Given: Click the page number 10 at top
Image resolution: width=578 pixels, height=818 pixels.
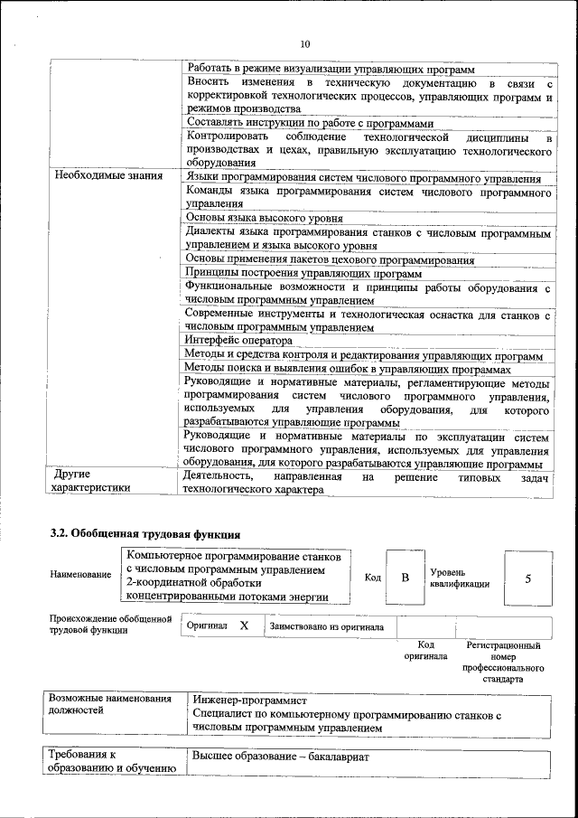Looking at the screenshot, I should pos(304,42).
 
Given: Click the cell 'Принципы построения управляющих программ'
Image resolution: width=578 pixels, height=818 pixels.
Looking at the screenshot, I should pos(303,273).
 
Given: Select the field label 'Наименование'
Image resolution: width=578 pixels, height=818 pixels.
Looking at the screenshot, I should pos(81,575).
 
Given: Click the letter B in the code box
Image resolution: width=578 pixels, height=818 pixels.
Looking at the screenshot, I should pos(406,578).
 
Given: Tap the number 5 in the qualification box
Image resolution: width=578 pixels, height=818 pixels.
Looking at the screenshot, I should pos(527,578).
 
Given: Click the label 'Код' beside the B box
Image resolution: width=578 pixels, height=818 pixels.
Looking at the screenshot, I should pos(372,578).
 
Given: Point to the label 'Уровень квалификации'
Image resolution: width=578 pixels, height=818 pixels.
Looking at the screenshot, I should pos(460,578).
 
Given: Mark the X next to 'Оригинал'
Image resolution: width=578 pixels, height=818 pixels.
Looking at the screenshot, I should pos(244,625).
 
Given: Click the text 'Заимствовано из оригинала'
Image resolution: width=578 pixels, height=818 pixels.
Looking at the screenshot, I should pos(326,626).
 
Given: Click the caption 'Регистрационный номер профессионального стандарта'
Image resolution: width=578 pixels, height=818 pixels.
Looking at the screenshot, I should pos(503,662).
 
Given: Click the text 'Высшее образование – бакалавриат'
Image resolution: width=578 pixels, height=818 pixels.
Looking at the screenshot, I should pos(282,756).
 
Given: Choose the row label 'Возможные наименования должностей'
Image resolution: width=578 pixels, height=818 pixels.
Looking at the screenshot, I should pos(109,704).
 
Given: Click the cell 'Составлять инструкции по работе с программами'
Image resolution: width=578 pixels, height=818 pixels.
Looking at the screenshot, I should pos(310,123).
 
